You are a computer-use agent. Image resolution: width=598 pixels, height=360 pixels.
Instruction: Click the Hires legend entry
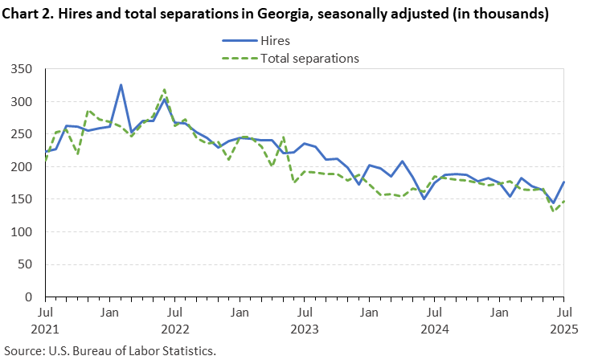[x=276, y=40]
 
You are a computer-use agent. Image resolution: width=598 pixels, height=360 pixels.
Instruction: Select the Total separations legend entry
[x=309, y=58]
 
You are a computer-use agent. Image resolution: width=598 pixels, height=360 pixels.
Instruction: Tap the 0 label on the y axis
[x=32, y=297]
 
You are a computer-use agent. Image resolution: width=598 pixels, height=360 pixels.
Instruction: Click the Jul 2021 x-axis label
[x=46, y=319]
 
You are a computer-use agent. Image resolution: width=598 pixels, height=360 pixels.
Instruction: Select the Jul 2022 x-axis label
[x=175, y=319]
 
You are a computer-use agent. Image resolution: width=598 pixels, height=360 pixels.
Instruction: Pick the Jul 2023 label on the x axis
[x=305, y=319]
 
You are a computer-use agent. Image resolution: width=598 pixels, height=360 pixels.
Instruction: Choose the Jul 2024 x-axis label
[x=434, y=319]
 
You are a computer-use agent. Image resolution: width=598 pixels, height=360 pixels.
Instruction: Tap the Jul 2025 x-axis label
[x=563, y=319]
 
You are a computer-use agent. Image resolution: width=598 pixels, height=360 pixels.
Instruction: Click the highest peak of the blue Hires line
[x=121, y=85]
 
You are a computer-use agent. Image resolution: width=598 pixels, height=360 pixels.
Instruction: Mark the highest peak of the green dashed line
[x=164, y=90]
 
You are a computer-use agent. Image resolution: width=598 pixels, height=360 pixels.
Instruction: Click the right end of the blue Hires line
[x=563, y=182]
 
